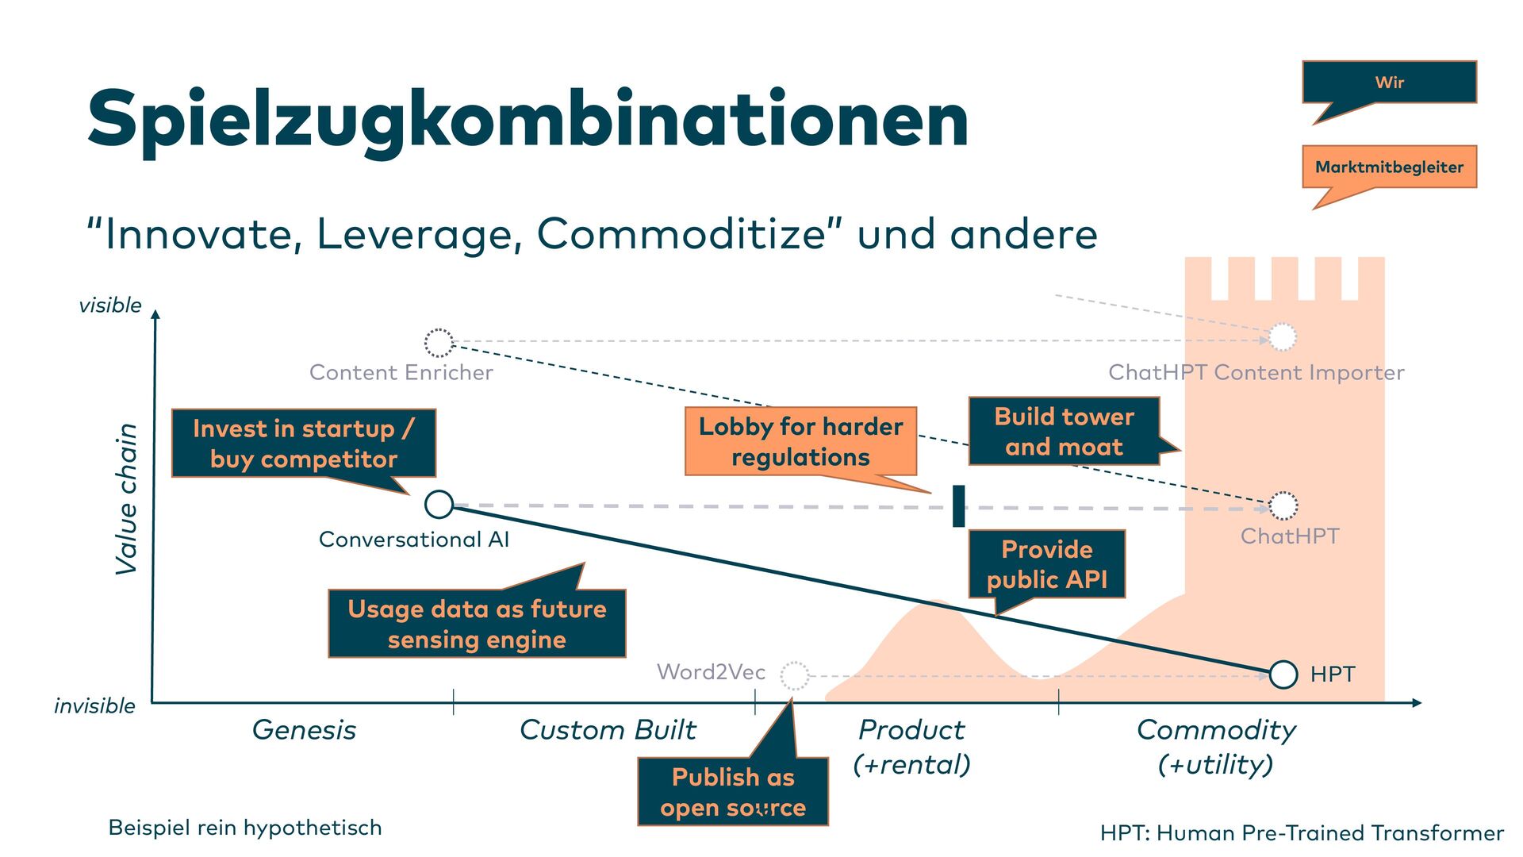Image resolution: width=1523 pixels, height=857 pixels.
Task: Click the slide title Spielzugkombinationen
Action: click(527, 119)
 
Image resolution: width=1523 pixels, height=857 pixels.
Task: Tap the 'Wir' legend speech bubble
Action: click(1389, 83)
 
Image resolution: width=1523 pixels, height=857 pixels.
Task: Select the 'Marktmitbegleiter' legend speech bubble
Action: click(1389, 167)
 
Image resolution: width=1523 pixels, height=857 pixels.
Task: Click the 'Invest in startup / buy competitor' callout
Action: click(303, 444)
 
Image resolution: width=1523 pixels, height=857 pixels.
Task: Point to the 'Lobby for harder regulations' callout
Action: click(800, 442)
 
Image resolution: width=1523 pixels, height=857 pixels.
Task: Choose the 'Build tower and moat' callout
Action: click(1064, 432)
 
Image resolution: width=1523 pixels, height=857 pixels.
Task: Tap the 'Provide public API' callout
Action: click(1046, 564)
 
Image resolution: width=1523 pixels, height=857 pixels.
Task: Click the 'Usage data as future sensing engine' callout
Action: click(477, 624)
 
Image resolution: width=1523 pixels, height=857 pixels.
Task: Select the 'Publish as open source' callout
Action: click(733, 792)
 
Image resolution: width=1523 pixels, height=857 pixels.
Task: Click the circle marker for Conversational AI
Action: click(439, 504)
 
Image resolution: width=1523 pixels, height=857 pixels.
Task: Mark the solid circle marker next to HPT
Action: click(1283, 674)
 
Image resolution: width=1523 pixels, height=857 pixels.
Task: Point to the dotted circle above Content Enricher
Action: click(439, 343)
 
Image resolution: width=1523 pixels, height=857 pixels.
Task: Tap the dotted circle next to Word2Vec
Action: click(794, 675)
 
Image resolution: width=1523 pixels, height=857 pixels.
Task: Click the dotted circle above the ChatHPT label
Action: click(1283, 505)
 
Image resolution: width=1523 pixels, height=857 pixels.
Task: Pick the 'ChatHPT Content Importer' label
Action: click(1256, 372)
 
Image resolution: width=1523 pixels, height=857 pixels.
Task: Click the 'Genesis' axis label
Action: click(304, 729)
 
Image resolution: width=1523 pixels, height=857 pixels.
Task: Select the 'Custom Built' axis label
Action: click(608, 729)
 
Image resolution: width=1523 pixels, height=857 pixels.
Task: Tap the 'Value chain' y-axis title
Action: click(127, 498)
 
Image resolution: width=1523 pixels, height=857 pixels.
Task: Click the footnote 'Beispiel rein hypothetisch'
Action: click(245, 828)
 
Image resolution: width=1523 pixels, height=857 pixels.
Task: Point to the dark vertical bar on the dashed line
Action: click(958, 505)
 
